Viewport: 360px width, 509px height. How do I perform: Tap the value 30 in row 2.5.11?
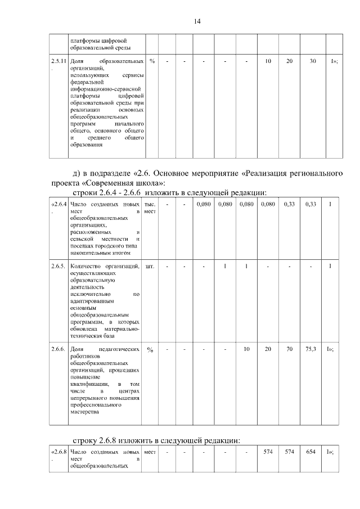pos(313,60)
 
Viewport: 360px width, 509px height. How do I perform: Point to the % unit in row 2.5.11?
pos(152,60)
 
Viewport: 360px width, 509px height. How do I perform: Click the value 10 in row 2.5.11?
pos(268,60)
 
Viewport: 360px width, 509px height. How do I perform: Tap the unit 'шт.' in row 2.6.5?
pos(150,265)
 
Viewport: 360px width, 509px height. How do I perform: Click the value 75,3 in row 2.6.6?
pos(311,349)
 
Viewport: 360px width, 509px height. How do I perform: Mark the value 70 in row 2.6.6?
pos(289,349)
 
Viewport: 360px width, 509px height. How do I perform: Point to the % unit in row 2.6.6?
pos(150,350)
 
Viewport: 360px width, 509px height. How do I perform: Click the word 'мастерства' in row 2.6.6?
pos(85,412)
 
